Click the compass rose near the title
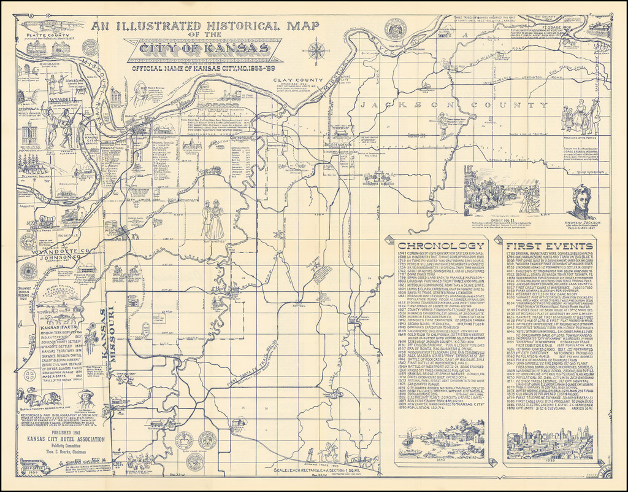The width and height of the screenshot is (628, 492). coord(316,50)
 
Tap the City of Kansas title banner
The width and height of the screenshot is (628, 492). coord(203,49)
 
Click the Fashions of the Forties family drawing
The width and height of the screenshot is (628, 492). coord(580,117)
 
